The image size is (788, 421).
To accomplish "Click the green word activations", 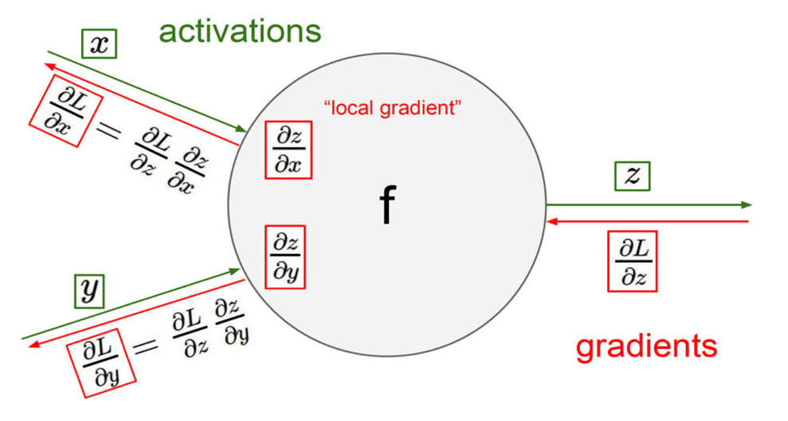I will pyautogui.click(x=240, y=31).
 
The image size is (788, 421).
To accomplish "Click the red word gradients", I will pyautogui.click(x=647, y=346).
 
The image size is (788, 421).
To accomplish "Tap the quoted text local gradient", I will pyautogui.click(x=393, y=109).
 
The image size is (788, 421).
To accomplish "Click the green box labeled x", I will pyautogui.click(x=99, y=45).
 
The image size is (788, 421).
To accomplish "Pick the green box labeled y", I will pyautogui.click(x=89, y=291).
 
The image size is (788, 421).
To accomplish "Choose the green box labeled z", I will pyautogui.click(x=632, y=177).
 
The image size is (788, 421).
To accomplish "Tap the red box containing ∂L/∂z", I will pyautogui.click(x=632, y=261).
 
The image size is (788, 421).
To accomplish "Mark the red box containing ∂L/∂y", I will pyautogui.click(x=101, y=362).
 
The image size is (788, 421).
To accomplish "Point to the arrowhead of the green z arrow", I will pyautogui.click(x=748, y=205).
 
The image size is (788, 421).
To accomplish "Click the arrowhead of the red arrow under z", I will pyautogui.click(x=551, y=221).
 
